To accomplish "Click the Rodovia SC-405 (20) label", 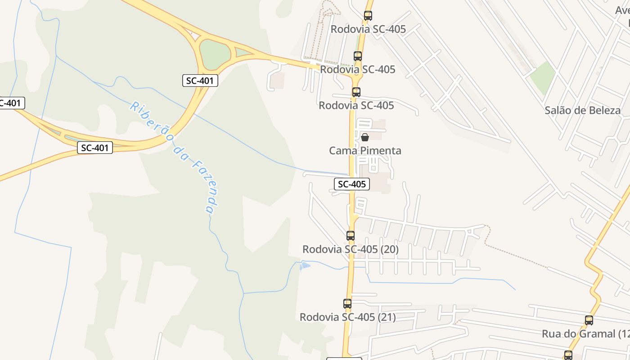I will (350, 249).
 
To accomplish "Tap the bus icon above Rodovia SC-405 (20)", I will (351, 235).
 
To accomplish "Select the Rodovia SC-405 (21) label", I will (347, 317).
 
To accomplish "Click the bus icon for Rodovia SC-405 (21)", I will (347, 304).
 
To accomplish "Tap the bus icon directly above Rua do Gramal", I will (589, 320).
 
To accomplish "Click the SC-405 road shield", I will (352, 184).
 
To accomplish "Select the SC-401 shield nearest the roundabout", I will (200, 81).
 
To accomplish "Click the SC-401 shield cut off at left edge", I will (10, 103).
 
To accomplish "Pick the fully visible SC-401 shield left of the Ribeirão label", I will (94, 148).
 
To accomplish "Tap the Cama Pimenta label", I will (365, 151).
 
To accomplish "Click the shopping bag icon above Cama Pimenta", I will (365, 137).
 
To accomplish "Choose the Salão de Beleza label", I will (582, 110).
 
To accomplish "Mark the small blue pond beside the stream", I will (305, 266).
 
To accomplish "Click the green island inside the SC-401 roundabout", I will (215, 54).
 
